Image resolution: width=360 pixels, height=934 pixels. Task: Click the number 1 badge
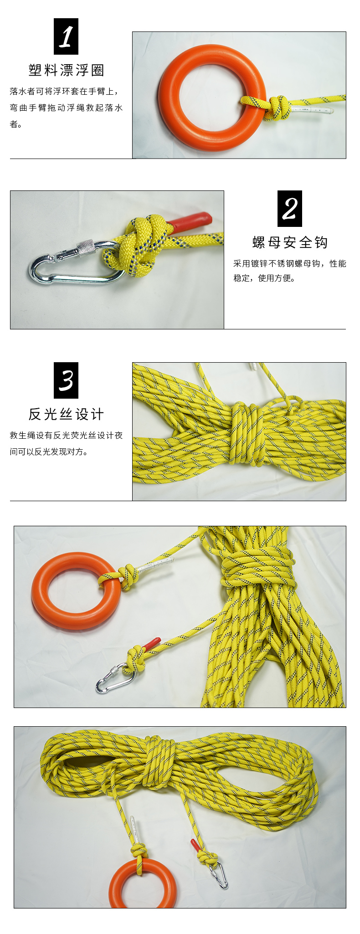pyautogui.click(x=66, y=36)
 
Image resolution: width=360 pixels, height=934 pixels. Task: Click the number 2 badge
pyautogui.click(x=290, y=209)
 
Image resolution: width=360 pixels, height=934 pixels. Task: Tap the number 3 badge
pyautogui.click(x=66, y=380)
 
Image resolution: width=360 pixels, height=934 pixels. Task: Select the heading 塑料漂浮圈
pyautogui.click(x=67, y=70)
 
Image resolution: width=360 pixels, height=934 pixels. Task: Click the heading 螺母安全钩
pyautogui.click(x=290, y=242)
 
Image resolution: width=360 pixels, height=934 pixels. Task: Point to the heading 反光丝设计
pyautogui.click(x=67, y=414)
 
